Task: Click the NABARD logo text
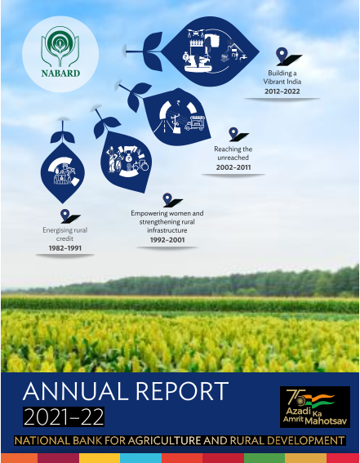coord(60,73)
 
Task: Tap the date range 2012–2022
coord(282,91)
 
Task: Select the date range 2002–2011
coord(233,167)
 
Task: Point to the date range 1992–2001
coord(167,240)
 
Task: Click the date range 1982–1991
coord(65,248)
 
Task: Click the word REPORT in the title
coord(182,391)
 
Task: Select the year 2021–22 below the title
coord(64,416)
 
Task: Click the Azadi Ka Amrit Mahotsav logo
coord(315,407)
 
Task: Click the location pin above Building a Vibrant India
coord(282,56)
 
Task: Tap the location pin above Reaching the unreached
coord(233,134)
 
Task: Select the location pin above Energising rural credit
coord(65,216)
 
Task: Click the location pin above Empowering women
coord(167,199)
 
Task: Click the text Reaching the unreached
coord(233,153)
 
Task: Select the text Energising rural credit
coord(65,234)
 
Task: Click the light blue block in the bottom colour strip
coord(140,458)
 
